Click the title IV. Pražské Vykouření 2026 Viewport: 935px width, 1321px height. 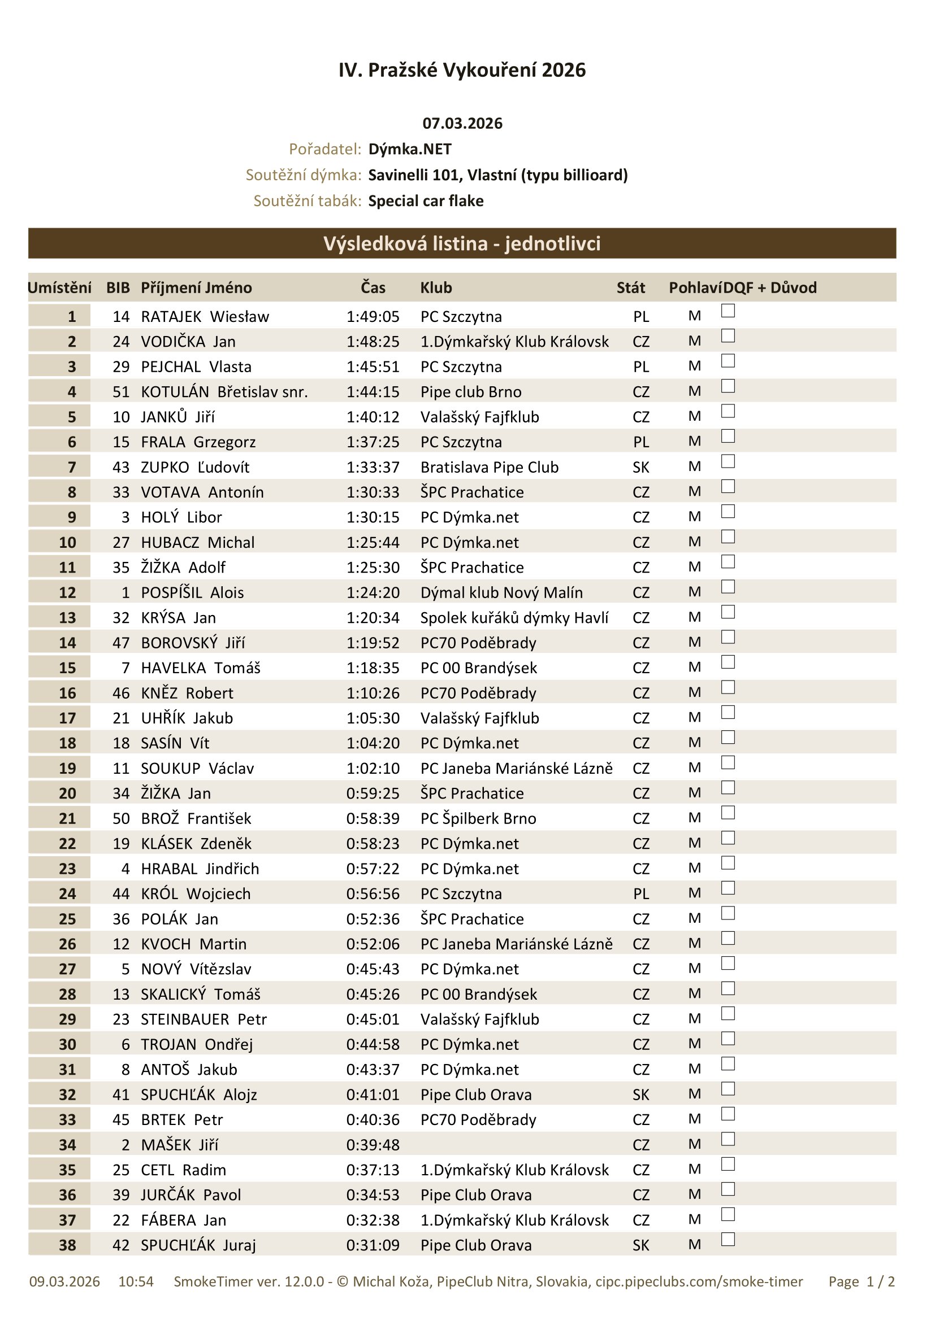point(462,70)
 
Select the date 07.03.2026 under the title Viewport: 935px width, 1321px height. point(462,124)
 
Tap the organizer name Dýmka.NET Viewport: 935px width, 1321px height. point(410,150)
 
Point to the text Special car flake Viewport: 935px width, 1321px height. point(426,201)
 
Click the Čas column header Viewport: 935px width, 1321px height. point(373,287)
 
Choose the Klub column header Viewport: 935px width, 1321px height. point(436,287)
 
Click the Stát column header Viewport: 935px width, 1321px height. point(631,287)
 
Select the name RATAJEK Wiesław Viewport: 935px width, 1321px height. point(205,317)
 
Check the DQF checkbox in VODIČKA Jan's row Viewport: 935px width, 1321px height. point(728,335)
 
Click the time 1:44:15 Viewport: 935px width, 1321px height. point(373,393)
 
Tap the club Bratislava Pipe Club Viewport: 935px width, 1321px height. point(490,468)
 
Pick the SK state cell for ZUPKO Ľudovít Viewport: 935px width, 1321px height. point(641,468)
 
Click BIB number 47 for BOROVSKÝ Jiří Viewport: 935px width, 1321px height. point(121,643)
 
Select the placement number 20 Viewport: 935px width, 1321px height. point(67,794)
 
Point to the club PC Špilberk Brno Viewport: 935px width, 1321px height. point(478,819)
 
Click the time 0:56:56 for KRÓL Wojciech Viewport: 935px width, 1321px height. point(373,894)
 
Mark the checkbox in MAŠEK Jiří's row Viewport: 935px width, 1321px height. point(728,1139)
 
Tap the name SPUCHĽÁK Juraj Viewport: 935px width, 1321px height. point(198,1246)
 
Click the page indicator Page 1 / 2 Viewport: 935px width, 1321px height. point(862,1282)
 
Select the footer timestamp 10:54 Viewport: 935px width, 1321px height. point(136,1282)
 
